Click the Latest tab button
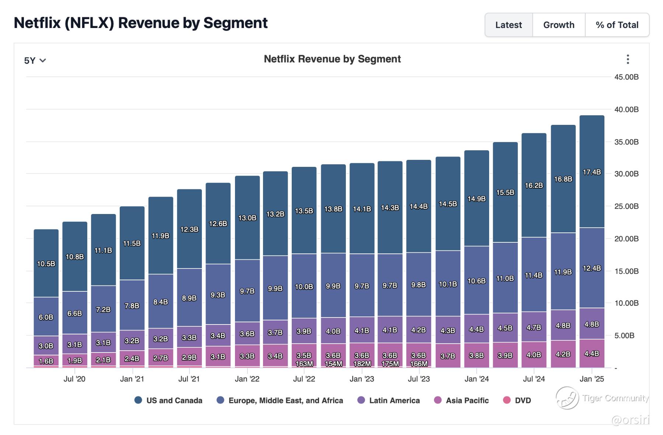(x=508, y=25)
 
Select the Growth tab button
(x=558, y=25)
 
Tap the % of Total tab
(x=617, y=25)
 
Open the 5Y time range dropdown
(x=35, y=60)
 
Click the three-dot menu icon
(x=628, y=59)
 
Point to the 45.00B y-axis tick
(x=626, y=77)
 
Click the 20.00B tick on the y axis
(x=626, y=239)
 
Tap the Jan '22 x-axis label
(x=247, y=379)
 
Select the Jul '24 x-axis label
(x=534, y=379)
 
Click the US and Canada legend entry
(x=169, y=400)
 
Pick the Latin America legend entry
(x=389, y=400)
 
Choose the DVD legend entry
(x=517, y=400)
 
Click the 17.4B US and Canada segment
(x=592, y=172)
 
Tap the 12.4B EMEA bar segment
(x=592, y=268)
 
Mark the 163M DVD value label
(x=304, y=364)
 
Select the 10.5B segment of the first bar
(x=46, y=264)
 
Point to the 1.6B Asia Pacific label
(x=46, y=361)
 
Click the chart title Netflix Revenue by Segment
(x=332, y=59)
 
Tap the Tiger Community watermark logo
(x=567, y=398)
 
